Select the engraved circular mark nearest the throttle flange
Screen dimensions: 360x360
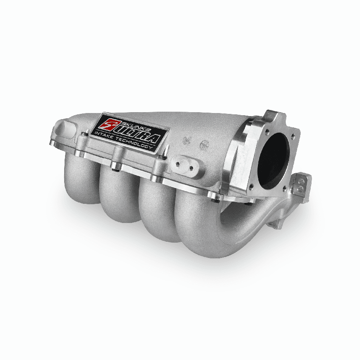point(203,144)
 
